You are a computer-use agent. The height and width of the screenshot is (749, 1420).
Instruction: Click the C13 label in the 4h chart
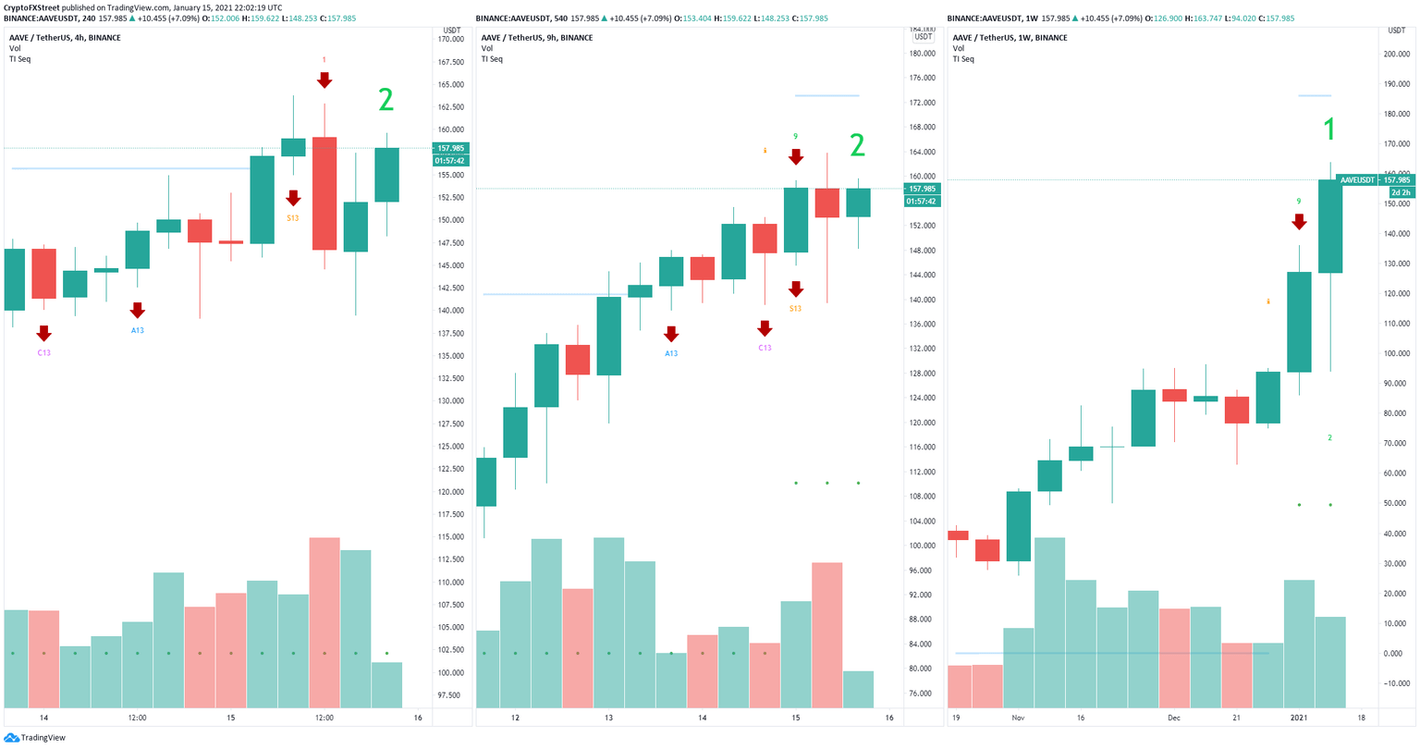tap(43, 352)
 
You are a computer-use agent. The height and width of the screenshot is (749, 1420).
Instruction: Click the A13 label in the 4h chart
tap(137, 330)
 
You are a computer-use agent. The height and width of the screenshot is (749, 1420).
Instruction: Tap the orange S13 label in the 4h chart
tap(292, 218)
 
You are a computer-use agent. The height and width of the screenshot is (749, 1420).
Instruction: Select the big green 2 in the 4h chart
tap(386, 100)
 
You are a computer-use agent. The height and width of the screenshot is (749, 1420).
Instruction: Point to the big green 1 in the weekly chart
tap(1329, 129)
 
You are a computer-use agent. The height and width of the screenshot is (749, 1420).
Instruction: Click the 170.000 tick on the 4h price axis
tap(450, 40)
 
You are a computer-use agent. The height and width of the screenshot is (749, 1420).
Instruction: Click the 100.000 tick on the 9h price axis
tap(922, 546)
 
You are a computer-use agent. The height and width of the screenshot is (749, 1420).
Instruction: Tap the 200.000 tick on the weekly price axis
tap(1396, 54)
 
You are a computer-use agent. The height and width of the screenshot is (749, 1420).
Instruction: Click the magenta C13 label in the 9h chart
tap(765, 348)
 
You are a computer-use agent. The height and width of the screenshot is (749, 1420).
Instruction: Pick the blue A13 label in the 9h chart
tap(671, 353)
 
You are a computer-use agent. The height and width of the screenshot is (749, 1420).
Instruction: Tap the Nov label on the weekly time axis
tap(1018, 718)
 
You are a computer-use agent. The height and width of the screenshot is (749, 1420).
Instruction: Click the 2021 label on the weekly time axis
tap(1299, 718)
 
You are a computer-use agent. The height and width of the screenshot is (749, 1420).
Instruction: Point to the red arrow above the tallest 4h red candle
tap(324, 80)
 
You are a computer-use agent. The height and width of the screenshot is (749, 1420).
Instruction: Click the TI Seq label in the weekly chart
tap(963, 59)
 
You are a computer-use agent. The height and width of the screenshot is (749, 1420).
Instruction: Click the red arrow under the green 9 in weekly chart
tap(1299, 222)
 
